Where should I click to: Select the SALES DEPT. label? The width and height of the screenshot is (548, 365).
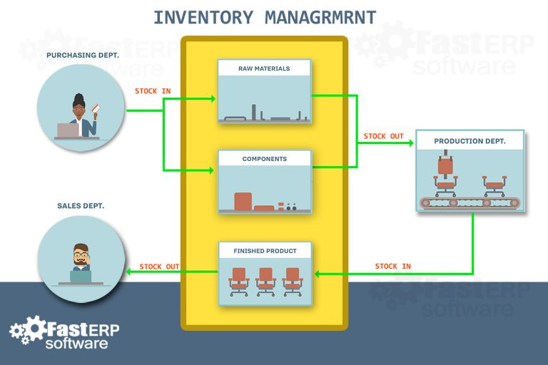pos(81,205)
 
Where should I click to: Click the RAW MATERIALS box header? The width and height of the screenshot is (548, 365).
pos(264,68)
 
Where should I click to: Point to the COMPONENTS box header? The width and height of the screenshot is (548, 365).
pos(264,158)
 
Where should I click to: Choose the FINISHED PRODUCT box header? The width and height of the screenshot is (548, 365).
pos(265,251)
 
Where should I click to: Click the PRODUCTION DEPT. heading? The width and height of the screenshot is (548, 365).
pos(470,141)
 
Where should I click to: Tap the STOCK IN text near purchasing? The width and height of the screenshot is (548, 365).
pos(153,91)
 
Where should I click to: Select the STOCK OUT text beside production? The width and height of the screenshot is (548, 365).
pos(383,136)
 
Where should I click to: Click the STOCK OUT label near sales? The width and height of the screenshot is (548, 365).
pos(159,267)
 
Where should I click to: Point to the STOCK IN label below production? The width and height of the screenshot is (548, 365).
pos(393,267)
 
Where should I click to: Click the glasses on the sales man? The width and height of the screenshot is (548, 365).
pos(81,253)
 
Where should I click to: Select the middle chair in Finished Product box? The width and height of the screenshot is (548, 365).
pos(265,281)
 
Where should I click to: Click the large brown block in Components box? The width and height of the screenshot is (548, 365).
pos(243,201)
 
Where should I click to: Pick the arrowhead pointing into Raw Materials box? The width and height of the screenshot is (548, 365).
pos(212,99)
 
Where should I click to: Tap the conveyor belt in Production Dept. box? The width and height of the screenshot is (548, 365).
pos(470,202)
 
